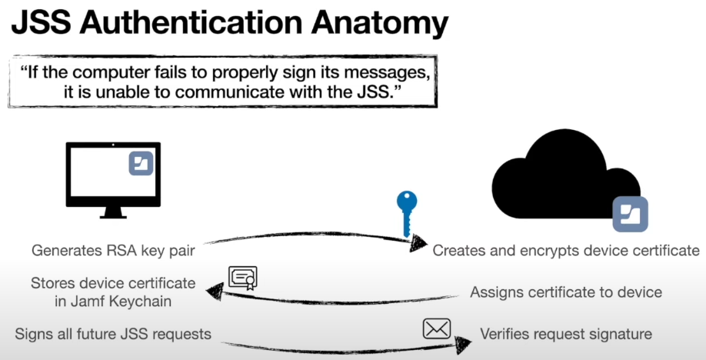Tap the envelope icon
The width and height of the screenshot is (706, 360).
coord(436,328)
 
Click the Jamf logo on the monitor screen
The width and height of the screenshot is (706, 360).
coord(141,163)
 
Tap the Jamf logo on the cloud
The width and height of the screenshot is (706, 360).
coord(630,213)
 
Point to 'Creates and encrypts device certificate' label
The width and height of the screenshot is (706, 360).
coord(566,251)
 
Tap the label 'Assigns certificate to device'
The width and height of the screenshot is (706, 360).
coord(566,292)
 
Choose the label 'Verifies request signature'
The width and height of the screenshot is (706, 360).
coord(566,335)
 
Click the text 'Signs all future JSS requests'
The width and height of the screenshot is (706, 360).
coord(113,335)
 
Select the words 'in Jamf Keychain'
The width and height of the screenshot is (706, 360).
coord(113,302)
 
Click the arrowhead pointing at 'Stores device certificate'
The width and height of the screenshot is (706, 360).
coord(217,290)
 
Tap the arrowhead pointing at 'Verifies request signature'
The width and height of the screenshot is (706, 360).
coord(463,341)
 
